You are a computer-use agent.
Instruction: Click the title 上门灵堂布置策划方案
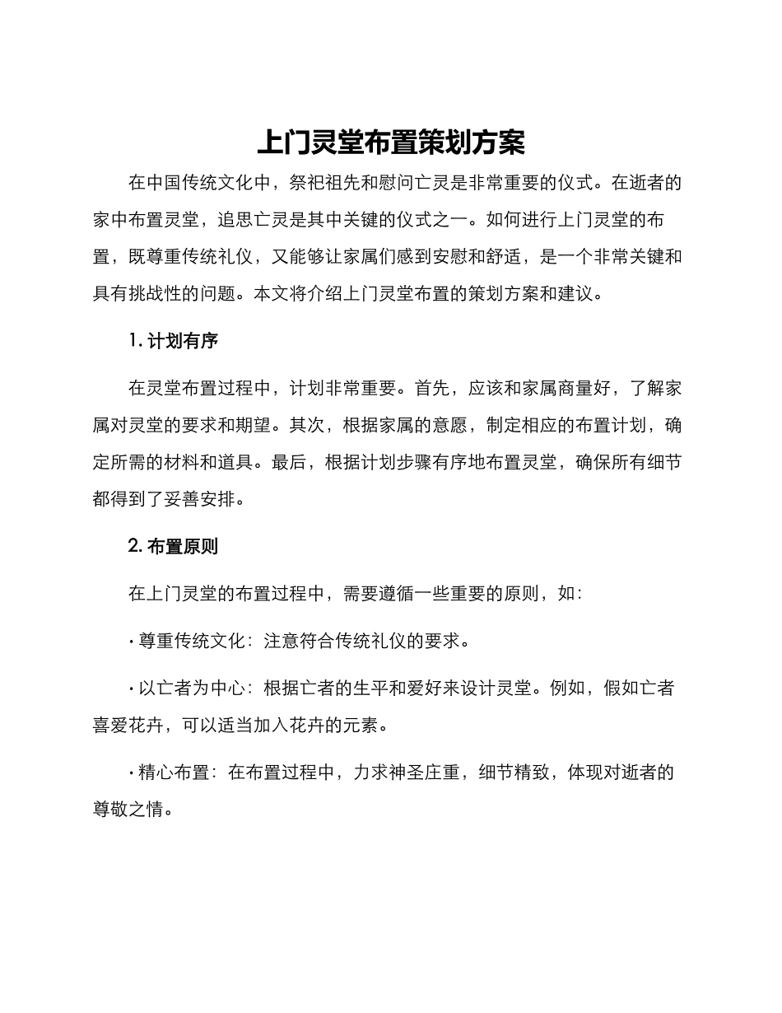pyautogui.click(x=391, y=142)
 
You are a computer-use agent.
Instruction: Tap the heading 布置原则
pyautogui.click(x=182, y=546)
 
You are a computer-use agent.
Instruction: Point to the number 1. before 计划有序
pyautogui.click(x=136, y=341)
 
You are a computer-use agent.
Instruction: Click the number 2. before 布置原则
pyautogui.click(x=137, y=546)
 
